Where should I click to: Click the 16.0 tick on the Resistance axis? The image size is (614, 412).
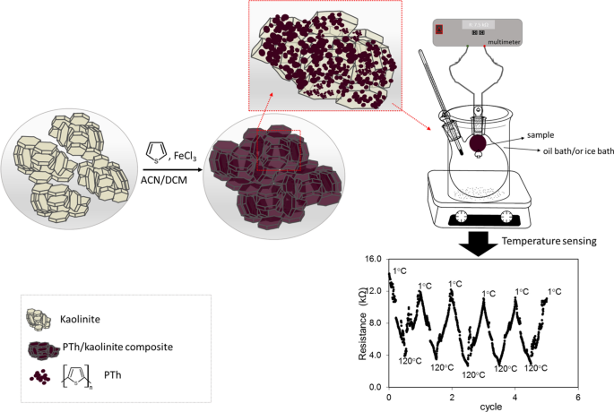pos(374,258)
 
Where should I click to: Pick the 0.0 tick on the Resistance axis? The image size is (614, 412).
pos(374,387)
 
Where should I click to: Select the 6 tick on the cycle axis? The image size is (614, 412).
pos(577,397)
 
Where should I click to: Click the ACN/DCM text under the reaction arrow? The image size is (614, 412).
pos(165,178)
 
